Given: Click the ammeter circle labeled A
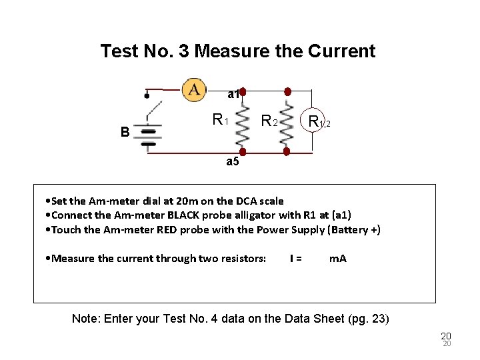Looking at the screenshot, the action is [194, 89].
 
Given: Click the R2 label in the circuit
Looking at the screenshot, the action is [269, 121].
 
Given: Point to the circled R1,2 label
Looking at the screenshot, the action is [317, 121].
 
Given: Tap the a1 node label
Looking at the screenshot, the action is [233, 95].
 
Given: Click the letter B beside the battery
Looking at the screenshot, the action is [125, 132].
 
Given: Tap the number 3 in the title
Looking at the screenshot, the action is [185, 51].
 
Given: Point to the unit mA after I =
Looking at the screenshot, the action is [338, 258].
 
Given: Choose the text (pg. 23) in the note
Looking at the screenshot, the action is [369, 319].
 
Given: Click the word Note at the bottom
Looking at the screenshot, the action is [85, 319].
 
